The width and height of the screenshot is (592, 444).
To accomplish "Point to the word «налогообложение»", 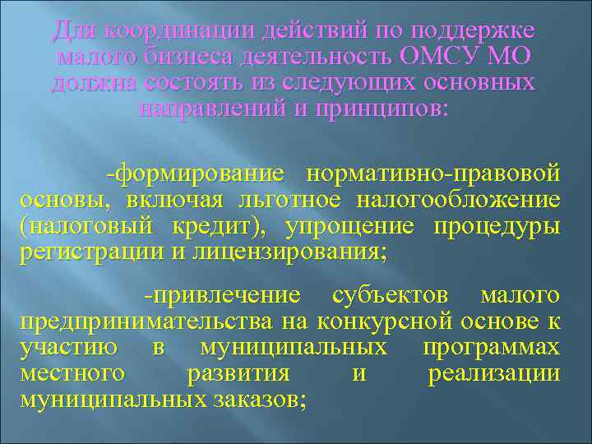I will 460,200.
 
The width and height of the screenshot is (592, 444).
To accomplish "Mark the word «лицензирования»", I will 288,252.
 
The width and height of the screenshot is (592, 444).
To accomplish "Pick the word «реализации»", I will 494,374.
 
